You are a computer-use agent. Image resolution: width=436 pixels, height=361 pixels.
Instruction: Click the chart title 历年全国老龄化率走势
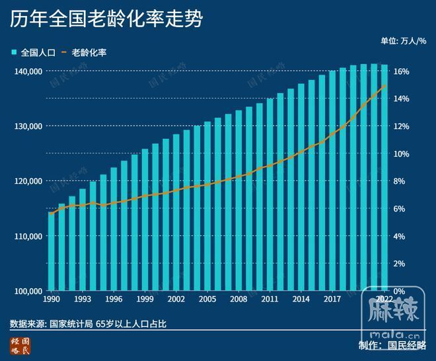(105, 19)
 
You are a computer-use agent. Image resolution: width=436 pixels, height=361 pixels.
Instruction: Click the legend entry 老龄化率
(83, 52)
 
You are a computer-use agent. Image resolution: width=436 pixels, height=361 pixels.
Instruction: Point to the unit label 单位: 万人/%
(404, 41)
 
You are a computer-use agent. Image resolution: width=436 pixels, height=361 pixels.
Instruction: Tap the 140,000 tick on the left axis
(27, 71)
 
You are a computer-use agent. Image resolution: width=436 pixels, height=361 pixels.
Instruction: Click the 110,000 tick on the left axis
(27, 236)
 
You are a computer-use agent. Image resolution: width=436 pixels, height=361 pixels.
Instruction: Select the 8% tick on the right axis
(401, 181)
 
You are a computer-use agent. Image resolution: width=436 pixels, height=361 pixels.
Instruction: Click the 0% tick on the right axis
(401, 291)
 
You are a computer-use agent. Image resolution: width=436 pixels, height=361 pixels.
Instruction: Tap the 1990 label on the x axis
(52, 300)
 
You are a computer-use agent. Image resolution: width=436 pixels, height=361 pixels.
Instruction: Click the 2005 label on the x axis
(207, 300)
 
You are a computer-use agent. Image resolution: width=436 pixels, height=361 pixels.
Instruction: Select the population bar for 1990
(52, 251)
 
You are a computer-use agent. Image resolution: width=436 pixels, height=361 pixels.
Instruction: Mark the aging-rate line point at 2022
(384, 87)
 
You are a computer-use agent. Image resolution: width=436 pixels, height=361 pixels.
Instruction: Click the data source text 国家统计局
(72, 324)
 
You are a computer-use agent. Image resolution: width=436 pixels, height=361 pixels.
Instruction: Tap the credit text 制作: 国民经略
(392, 345)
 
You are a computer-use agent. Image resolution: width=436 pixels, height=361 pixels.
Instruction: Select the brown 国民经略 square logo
(20, 345)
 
